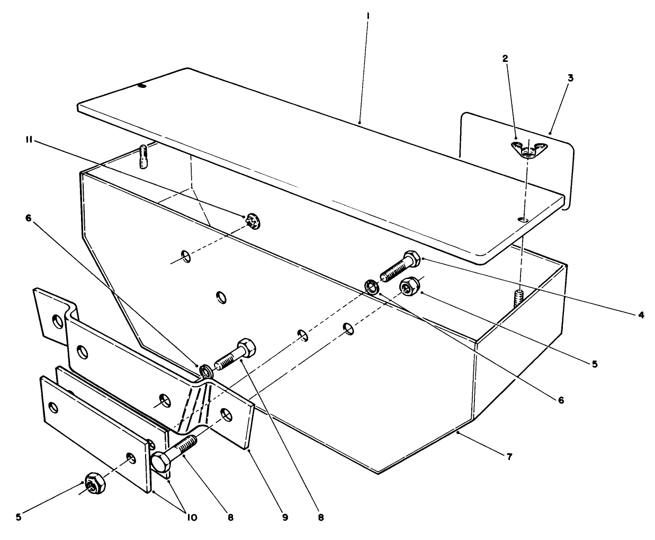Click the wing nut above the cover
pyautogui.click(x=526, y=150)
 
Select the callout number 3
pyautogui.click(x=570, y=78)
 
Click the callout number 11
pyautogui.click(x=30, y=140)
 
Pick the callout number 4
pyautogui.click(x=641, y=315)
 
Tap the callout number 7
pyautogui.click(x=509, y=456)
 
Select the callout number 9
pyautogui.click(x=285, y=517)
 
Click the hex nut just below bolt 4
pyautogui.click(x=408, y=287)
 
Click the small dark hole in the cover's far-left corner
pyautogui.click(x=141, y=86)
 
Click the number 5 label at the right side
pyautogui.click(x=595, y=364)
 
